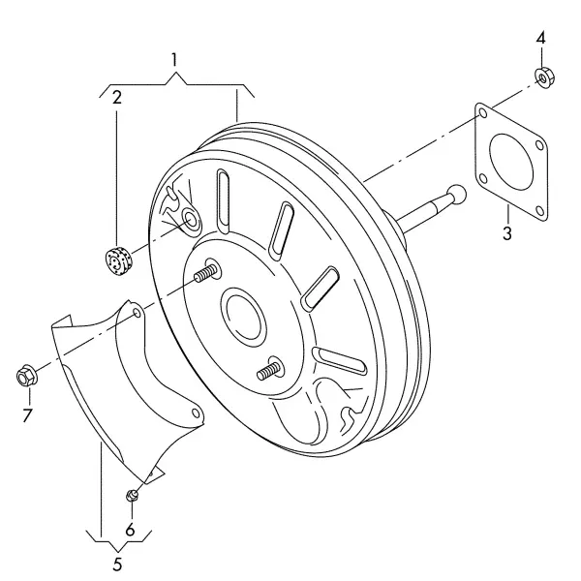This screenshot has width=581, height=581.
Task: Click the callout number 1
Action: pos(174,60)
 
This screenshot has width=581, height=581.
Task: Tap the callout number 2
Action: pos(117,98)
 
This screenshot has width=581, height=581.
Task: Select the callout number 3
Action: pos(506,233)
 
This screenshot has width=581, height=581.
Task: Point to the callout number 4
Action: pos(541,38)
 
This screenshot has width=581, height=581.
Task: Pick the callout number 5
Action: pos(117,565)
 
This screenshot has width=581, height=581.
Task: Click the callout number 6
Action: pos(130,531)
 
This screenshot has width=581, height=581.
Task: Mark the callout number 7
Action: pos(27,415)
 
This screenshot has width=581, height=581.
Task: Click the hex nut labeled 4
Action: pos(544,77)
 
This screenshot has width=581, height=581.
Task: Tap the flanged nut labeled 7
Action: pos(27,376)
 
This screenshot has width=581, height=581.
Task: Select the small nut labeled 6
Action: pos(132,495)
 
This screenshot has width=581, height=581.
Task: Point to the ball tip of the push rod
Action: pos(457,194)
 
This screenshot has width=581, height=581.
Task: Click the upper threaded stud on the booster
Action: pos(205,273)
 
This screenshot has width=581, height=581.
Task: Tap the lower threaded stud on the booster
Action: pos(269,371)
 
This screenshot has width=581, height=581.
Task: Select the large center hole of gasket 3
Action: pos(511,162)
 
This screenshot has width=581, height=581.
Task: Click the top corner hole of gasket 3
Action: pos(483,113)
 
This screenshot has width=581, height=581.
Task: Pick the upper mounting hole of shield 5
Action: pos(137,314)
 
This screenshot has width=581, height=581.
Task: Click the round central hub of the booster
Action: pos(243,314)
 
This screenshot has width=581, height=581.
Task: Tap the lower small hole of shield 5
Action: pos(195,413)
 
